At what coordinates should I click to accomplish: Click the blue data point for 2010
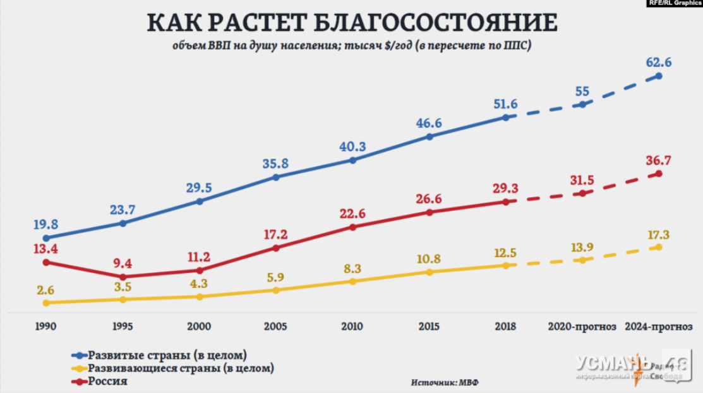[x=352, y=160]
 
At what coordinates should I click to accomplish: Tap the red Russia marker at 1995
[x=123, y=277]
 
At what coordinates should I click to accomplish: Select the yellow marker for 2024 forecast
[x=659, y=247]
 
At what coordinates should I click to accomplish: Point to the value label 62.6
[x=659, y=63]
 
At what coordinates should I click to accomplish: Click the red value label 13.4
[x=46, y=248]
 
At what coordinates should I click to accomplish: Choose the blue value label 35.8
[x=275, y=164]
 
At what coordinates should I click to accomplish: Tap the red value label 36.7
[x=659, y=160]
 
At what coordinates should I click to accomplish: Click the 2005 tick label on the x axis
[x=275, y=327]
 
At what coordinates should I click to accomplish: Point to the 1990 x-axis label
[x=46, y=327]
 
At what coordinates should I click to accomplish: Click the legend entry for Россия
[x=107, y=381]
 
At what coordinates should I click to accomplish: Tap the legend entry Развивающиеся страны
[x=180, y=367]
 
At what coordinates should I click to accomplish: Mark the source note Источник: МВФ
[x=441, y=382]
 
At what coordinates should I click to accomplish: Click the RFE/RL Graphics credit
[x=675, y=4]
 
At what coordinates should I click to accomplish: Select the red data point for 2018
[x=505, y=202]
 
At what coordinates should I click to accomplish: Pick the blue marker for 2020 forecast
[x=582, y=104]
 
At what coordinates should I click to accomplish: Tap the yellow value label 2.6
[x=46, y=290]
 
